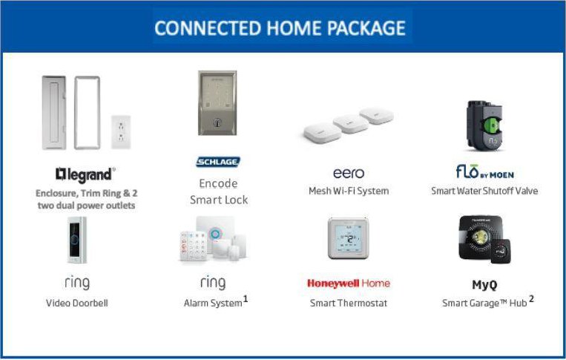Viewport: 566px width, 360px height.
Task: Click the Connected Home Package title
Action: [x=280, y=28]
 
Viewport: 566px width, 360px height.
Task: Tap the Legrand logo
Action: [x=85, y=174]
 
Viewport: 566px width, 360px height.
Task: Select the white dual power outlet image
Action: [x=121, y=132]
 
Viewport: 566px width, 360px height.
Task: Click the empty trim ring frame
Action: [x=76, y=113]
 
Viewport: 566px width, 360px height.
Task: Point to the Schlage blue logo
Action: [x=218, y=162]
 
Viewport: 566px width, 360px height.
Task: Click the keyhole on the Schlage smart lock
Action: [x=217, y=122]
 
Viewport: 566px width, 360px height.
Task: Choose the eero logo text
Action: [x=349, y=174]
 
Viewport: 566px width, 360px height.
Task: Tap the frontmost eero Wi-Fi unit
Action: [x=323, y=133]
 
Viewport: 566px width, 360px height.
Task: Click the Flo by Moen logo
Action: [x=485, y=172]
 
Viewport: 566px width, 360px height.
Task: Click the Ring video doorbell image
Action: [x=77, y=240]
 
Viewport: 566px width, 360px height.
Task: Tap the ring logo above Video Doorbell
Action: [x=77, y=283]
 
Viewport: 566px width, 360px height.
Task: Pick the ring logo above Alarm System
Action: [x=213, y=283]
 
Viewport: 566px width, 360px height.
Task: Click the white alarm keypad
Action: [x=194, y=246]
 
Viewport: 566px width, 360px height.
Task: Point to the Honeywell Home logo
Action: [x=349, y=284]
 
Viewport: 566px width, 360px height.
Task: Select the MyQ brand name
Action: [x=484, y=285]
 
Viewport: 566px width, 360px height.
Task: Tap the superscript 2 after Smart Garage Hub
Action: [x=531, y=298]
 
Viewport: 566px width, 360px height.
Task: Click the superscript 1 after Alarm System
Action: [x=246, y=298]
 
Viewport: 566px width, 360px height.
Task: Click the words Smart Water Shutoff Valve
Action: [x=484, y=191]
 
